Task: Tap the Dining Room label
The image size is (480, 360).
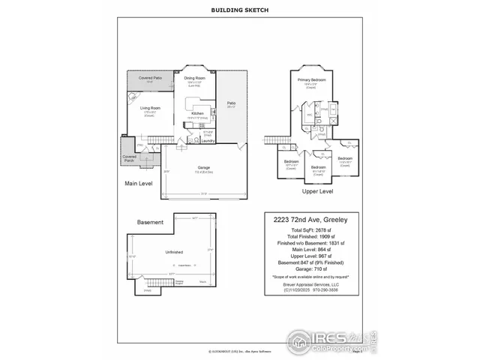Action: click(195, 77)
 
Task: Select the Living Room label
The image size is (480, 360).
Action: click(150, 108)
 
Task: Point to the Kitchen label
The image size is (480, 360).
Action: click(198, 113)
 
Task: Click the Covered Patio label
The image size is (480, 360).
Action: click(150, 77)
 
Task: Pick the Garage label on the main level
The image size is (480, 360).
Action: click(203, 167)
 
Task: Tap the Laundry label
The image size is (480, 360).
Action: click(209, 140)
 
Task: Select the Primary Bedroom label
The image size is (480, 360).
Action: click(310, 79)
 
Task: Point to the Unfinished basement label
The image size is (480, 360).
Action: click(174, 253)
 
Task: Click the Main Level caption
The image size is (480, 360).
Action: click(138, 182)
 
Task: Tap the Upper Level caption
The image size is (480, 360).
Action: click(317, 191)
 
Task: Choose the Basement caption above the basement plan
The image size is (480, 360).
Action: click(150, 223)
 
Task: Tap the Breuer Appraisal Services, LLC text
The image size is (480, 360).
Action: click(311, 284)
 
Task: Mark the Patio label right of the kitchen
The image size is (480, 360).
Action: click(232, 104)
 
